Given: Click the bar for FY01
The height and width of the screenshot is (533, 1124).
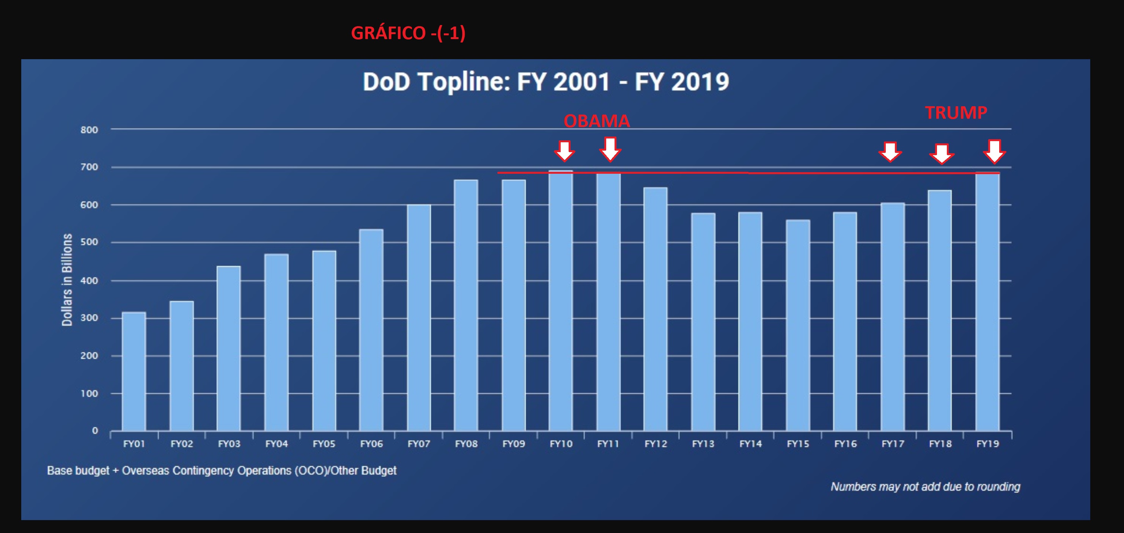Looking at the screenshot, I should coord(134,371).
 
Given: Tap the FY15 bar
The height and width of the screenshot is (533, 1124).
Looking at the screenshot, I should coord(798,325).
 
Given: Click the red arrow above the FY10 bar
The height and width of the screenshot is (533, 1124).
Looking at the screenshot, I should coord(564,151).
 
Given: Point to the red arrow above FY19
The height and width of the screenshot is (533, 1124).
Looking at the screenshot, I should coord(994,151).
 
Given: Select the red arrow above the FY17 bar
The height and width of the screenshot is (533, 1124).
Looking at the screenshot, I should coord(890,152).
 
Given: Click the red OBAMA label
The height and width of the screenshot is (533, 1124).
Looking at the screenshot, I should coord(596,121).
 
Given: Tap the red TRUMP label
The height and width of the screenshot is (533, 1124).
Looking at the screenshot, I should coord(956,113).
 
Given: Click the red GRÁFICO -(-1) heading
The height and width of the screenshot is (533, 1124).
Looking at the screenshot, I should coord(408,33).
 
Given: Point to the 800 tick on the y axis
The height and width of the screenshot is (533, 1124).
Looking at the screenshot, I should coord(89,130).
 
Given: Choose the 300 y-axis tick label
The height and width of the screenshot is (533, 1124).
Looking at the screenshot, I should coord(89,318).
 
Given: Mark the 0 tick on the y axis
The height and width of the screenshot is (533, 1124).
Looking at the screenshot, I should coord(95,431).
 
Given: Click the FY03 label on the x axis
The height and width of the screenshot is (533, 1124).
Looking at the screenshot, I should coord(229,444).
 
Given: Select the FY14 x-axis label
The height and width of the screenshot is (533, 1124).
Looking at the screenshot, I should coord(750,444).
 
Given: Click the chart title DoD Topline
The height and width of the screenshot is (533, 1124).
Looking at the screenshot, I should coord(546,82).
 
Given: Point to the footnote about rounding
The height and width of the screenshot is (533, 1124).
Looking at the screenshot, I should coord(925,487).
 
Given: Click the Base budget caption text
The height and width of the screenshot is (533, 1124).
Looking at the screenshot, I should coord(222,470).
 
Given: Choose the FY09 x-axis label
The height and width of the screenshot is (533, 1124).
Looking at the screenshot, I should coord(514,444).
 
